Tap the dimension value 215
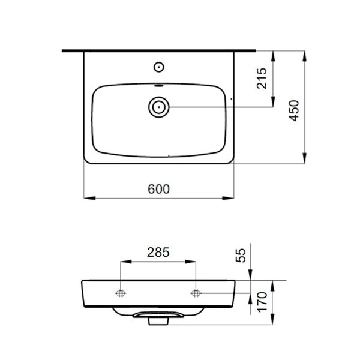click(x=262, y=79)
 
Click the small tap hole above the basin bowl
click(x=160, y=65)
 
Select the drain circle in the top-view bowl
click(x=158, y=107)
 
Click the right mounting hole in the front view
click(x=196, y=293)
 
